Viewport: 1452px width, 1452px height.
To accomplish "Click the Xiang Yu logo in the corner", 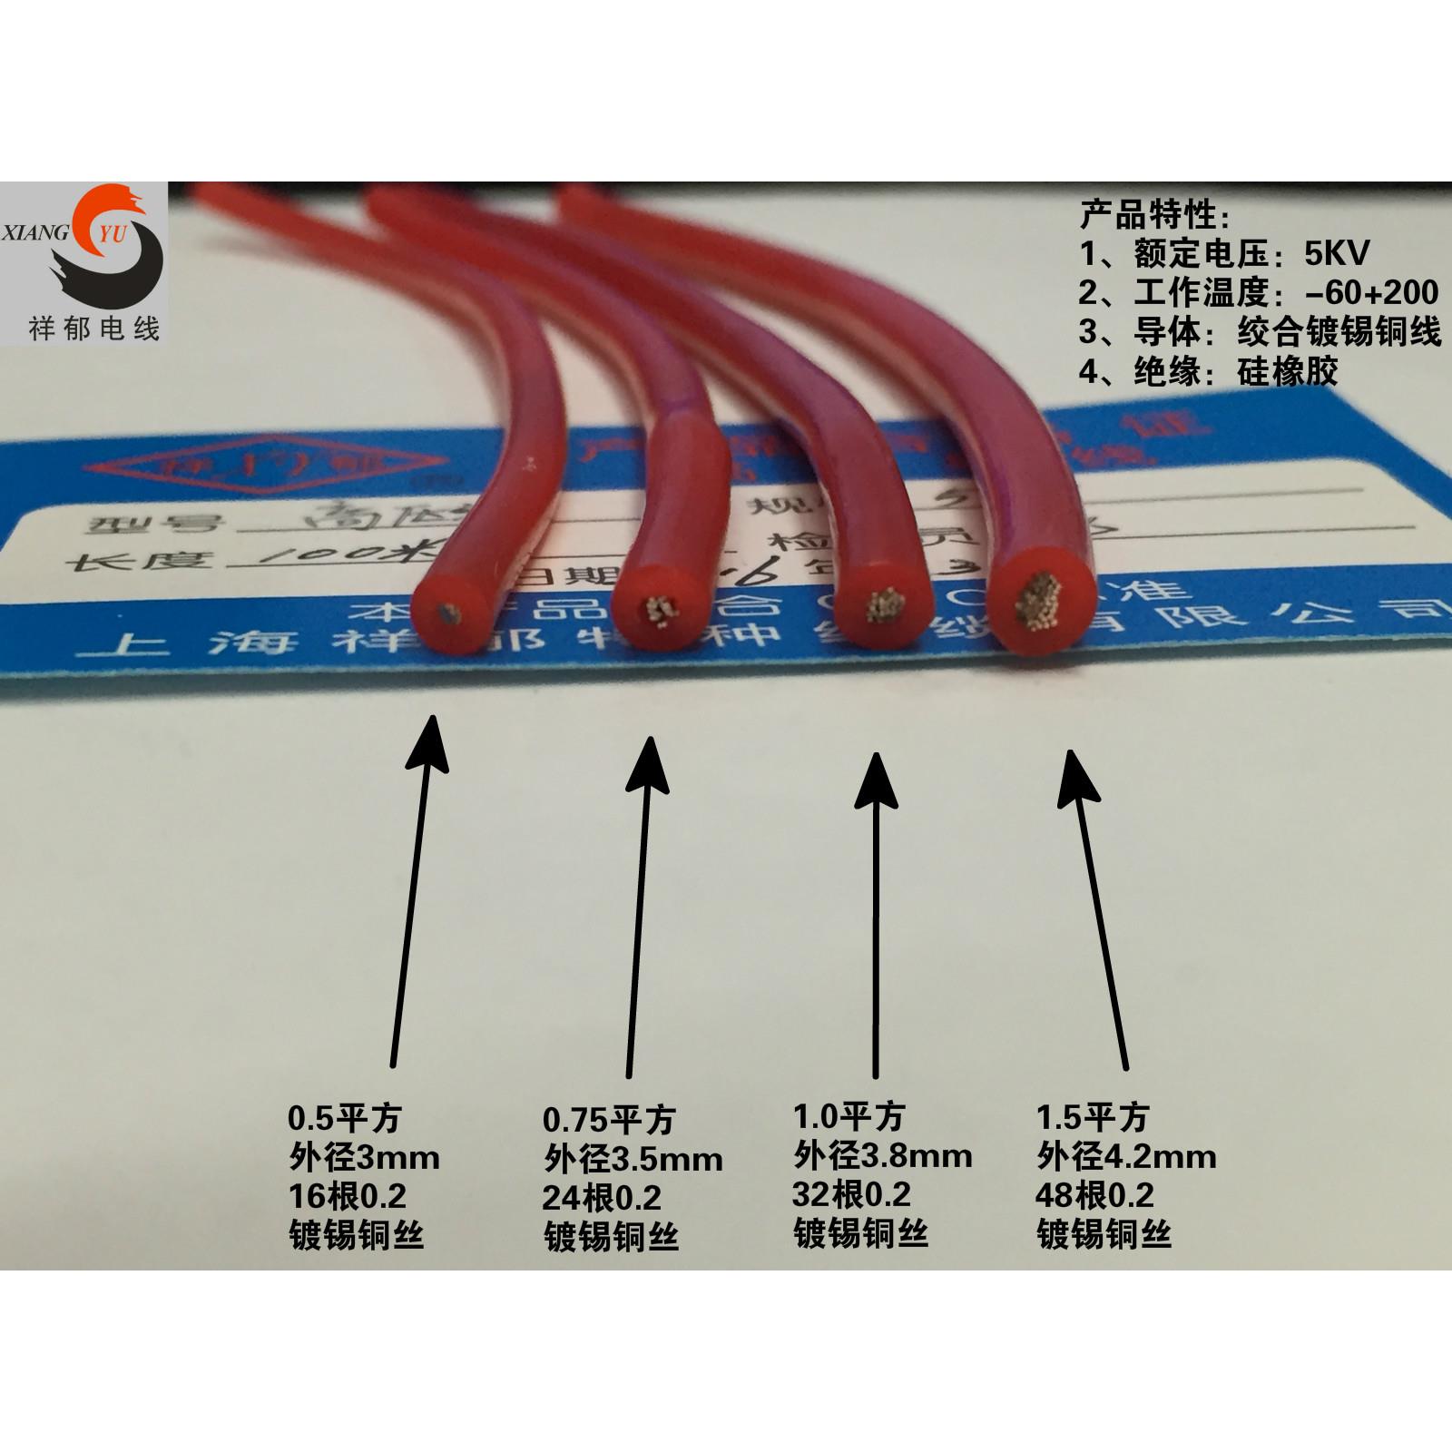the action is point(84,263).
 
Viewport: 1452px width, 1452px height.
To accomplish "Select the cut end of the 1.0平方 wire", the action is point(880,607).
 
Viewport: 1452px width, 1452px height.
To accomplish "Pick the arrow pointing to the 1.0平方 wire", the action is point(877,907).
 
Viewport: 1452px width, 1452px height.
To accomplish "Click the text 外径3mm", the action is point(364,1157).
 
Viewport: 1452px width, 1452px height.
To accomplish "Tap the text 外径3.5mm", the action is point(633,1159).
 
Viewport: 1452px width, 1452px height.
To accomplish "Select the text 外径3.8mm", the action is point(882,1154).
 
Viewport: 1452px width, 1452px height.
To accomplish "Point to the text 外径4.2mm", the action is point(1125,1156).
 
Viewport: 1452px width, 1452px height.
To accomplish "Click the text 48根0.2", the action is point(1094,1194).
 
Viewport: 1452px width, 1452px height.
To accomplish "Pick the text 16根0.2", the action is point(347,1197).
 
